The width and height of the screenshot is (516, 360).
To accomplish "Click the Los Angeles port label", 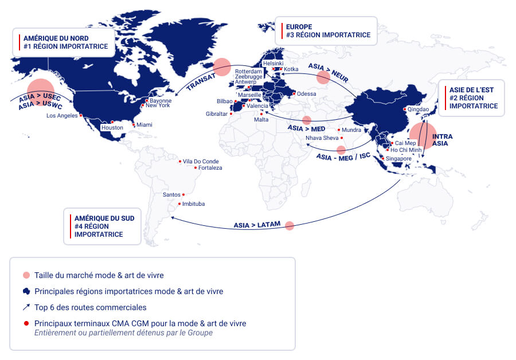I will click(x=62, y=116).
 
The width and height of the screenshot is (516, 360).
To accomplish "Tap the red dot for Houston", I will click(x=112, y=122).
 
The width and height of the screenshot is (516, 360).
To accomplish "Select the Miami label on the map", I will click(x=144, y=125).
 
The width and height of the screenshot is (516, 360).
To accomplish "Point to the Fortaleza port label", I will click(x=210, y=168).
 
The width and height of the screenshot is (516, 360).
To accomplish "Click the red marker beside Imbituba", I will click(x=179, y=204).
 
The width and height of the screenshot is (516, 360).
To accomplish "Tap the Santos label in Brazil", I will click(x=171, y=194).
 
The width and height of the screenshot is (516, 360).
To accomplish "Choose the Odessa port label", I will click(x=306, y=94).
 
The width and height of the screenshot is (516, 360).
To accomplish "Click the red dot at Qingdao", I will click(x=405, y=109).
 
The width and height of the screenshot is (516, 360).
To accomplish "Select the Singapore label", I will click(x=398, y=159).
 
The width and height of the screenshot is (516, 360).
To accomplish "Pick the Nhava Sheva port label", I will click(x=322, y=138).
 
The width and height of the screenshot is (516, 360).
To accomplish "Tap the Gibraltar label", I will click(x=216, y=114).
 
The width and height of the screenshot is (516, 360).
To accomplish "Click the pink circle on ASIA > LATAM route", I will click(x=290, y=226).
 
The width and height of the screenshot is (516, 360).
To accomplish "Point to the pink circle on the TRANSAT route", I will click(x=222, y=66).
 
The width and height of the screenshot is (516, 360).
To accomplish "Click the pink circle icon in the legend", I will click(x=26, y=275).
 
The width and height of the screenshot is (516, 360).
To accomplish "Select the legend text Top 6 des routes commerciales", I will click(x=91, y=307).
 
